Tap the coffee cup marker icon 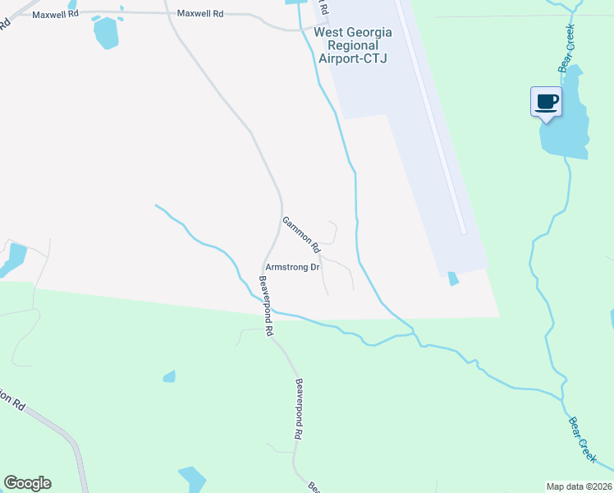(x=547, y=102)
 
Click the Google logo (x=27, y=483)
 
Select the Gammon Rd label (x=300, y=233)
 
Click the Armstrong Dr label (x=292, y=267)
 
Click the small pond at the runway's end (x=453, y=278)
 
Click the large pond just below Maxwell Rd (x=106, y=32)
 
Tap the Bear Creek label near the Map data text (x=582, y=436)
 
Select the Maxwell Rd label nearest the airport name (x=200, y=14)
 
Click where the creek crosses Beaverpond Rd (x=272, y=311)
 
